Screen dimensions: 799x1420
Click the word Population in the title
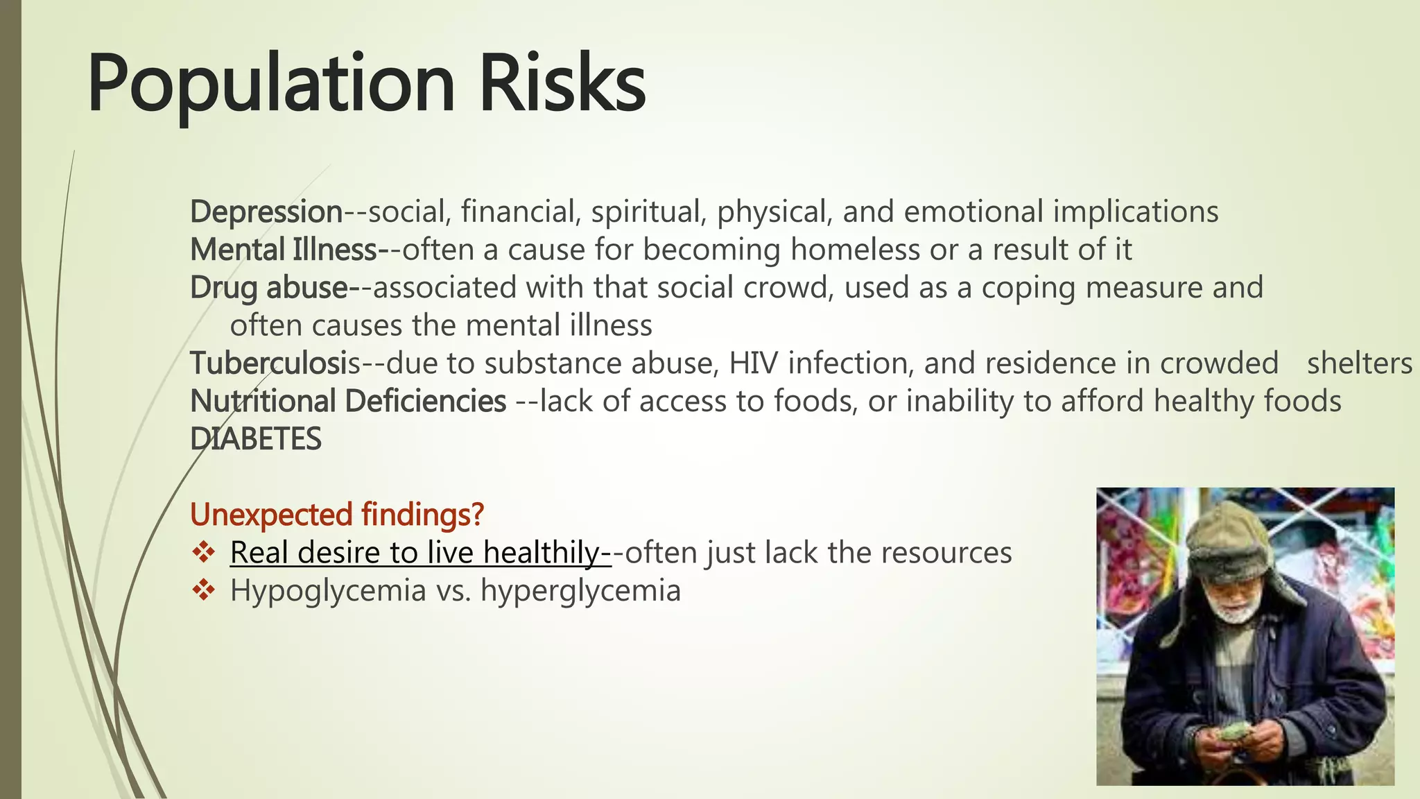coord(270,85)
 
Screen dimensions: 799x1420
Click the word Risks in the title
coord(562,85)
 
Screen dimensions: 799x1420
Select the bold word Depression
coord(266,212)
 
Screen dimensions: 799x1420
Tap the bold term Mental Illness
coord(283,250)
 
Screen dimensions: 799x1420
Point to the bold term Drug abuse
coord(269,288)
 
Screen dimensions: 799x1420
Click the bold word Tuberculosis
coord(275,363)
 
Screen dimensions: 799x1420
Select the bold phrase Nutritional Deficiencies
coord(348,402)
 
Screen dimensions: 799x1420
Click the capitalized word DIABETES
coord(256,440)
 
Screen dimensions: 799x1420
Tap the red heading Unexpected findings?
coord(337,515)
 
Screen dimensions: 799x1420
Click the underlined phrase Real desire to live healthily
coord(419,553)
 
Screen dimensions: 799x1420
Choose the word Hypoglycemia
coord(328,591)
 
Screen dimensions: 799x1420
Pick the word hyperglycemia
coord(580,591)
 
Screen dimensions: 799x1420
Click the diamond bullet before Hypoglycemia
coord(203,590)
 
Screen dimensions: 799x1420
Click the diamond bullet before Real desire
coord(203,553)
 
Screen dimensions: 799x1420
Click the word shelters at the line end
coord(1359,363)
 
